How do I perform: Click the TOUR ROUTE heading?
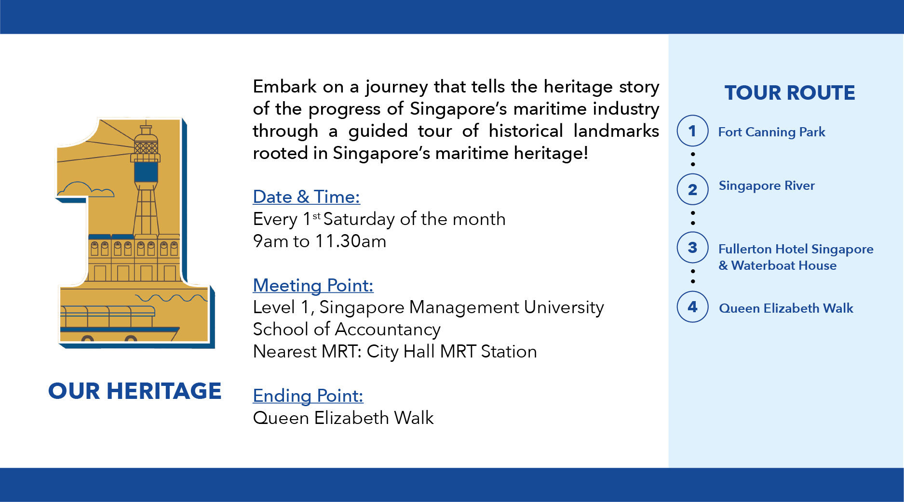[x=790, y=92]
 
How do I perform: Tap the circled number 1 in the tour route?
[x=692, y=131]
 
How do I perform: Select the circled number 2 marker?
[x=692, y=189]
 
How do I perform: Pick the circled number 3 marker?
[x=692, y=248]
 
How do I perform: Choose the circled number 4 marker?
[x=692, y=306]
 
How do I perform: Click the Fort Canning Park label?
[x=771, y=132]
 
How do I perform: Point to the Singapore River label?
[x=767, y=186]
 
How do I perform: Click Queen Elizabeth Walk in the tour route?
[x=786, y=308]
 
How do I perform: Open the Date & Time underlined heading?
[x=307, y=197]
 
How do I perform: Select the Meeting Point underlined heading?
[x=313, y=286]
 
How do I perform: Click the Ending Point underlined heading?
[x=308, y=396]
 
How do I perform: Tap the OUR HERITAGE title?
[x=135, y=391]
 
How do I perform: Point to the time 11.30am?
[x=351, y=241]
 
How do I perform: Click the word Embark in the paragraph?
[x=284, y=87]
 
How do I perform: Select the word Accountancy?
[x=388, y=330]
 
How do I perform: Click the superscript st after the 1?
[x=316, y=216]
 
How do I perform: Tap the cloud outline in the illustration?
[x=86, y=189]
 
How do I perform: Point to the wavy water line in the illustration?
[x=172, y=298]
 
